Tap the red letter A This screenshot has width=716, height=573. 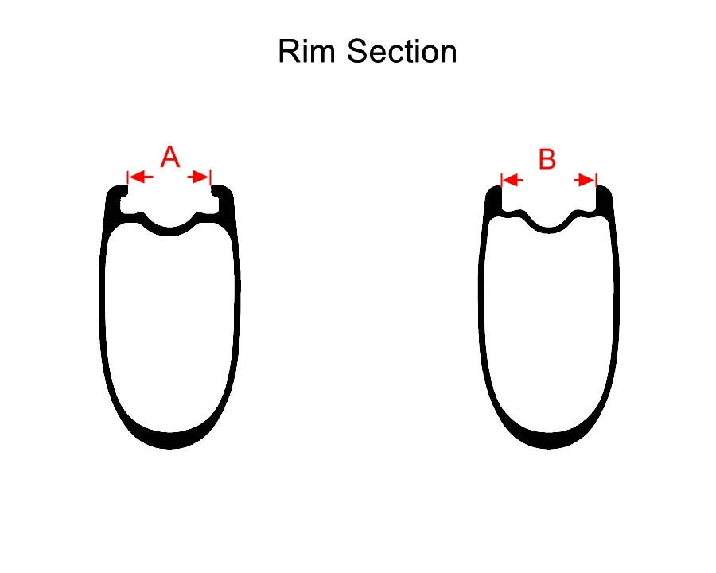coord(170,157)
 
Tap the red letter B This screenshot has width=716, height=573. coord(547,159)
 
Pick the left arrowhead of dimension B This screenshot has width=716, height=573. coord(509,181)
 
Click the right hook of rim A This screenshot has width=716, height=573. coord(222,193)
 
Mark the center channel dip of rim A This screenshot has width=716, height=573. coord(169,232)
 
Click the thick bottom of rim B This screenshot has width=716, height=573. coord(548,439)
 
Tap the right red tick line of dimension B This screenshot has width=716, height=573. coord(596,181)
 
